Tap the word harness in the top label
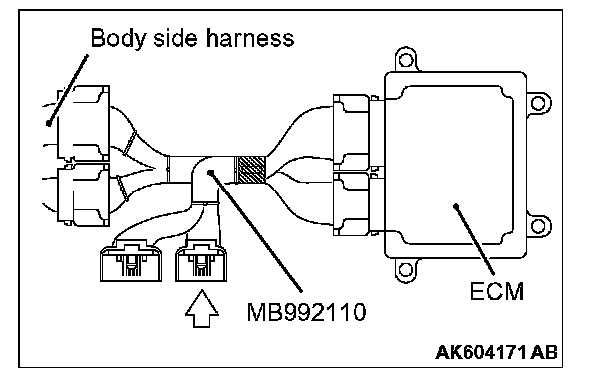[x=249, y=38]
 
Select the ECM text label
[x=497, y=291]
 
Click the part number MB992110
[x=306, y=312]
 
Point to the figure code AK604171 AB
[x=496, y=352]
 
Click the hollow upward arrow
[x=202, y=309]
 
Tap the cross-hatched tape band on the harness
[x=251, y=170]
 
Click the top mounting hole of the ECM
[x=405, y=60]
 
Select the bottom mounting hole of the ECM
[x=405, y=269]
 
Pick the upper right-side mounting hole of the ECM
[x=538, y=103]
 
